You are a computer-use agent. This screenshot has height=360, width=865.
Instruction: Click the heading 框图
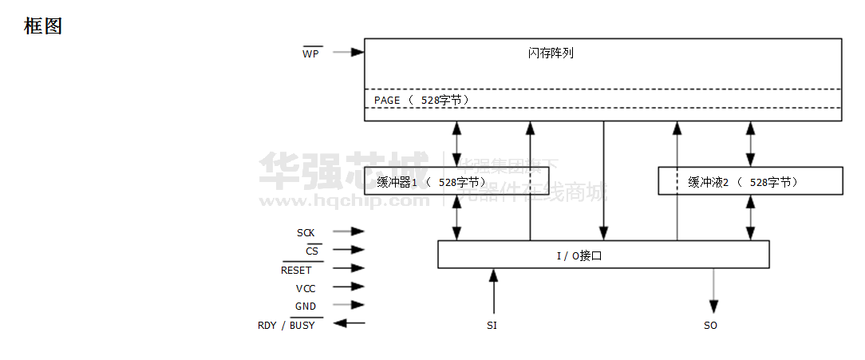[43, 26]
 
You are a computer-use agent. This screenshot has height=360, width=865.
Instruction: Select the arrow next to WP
[348, 53]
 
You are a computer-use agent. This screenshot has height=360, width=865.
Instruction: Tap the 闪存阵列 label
[551, 53]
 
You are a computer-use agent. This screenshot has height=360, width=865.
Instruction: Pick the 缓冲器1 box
[456, 181]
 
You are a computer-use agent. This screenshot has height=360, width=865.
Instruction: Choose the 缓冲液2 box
[749, 181]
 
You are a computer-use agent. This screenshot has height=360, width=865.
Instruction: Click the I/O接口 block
[603, 255]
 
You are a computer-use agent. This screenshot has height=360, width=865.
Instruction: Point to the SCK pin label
[306, 233]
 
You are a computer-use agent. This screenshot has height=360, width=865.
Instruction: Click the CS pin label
[312, 251]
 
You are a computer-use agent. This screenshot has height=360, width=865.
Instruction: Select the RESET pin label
[296, 270]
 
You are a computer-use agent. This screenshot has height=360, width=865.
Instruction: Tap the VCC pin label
[306, 288]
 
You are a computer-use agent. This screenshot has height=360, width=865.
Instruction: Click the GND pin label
[306, 307]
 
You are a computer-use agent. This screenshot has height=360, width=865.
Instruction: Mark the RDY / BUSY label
[286, 325]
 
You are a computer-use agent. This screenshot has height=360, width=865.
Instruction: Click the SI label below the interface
[492, 326]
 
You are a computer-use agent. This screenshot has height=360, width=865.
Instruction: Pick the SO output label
[710, 326]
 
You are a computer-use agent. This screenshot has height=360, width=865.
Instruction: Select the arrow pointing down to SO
[713, 291]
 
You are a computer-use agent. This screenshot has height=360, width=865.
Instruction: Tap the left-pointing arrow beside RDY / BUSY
[349, 323]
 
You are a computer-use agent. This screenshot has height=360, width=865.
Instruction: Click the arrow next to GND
[348, 305]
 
